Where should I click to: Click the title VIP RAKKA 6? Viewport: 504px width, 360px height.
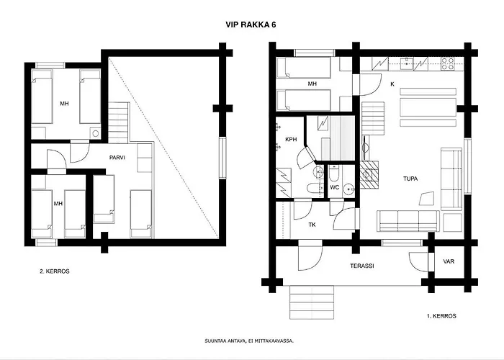click(251, 24)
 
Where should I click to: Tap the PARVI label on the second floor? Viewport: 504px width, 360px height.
click(117, 158)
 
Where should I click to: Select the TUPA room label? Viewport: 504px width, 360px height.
click(410, 179)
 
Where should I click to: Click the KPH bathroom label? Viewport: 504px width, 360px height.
click(291, 140)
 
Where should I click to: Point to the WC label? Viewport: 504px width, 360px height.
click(335, 187)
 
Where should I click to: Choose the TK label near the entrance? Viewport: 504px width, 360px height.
click(312, 225)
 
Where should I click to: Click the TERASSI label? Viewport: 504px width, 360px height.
click(362, 266)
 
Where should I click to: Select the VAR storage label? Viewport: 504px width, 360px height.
click(449, 261)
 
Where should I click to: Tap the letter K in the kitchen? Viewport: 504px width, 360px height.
click(392, 84)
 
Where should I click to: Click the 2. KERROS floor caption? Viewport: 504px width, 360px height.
click(55, 271)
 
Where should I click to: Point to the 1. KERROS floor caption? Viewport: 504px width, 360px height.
click(441, 316)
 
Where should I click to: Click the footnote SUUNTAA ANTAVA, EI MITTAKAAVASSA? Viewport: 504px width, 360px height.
click(249, 341)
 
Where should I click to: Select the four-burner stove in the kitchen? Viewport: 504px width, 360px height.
click(447, 63)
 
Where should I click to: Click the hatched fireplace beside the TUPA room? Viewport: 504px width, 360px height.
click(369, 174)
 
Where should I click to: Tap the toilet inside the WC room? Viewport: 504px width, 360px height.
click(333, 174)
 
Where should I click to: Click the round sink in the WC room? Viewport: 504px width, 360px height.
click(348, 189)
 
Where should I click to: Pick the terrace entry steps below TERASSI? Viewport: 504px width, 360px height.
click(312, 302)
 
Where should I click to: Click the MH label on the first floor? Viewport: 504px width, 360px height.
click(312, 84)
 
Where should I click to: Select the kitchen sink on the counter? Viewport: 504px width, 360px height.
click(406, 63)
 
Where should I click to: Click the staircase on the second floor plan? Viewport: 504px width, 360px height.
click(118, 122)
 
